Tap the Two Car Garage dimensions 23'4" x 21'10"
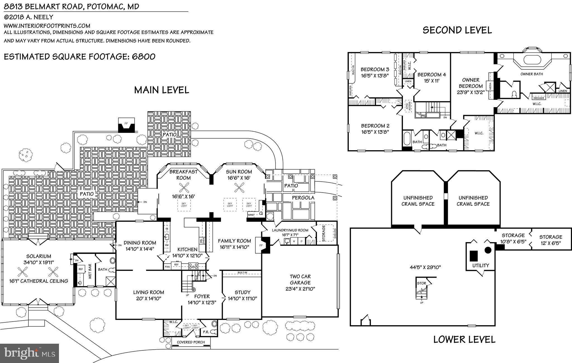pos(300,289)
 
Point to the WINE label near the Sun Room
pos(251,215)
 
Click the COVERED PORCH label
pos(191,342)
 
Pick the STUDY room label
pos(242,292)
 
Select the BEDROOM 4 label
pos(431,75)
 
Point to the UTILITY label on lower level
pos(481,265)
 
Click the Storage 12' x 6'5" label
pos(550,240)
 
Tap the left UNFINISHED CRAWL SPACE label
pos(418,201)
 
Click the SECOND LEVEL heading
pos(457,30)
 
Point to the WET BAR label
pos(90,271)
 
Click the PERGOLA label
pos(303,198)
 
